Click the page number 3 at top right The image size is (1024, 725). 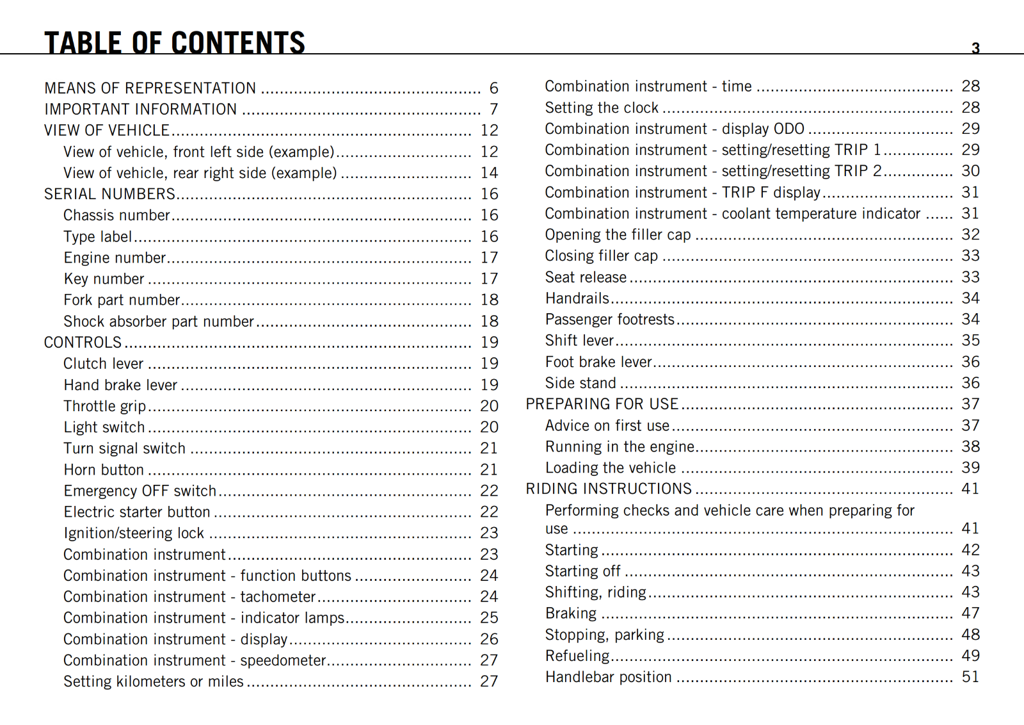click(x=975, y=48)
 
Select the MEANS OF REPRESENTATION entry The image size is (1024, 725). click(x=150, y=88)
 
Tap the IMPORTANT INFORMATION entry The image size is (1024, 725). click(x=140, y=110)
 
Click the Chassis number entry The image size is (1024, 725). click(x=116, y=215)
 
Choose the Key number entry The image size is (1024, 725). click(x=104, y=279)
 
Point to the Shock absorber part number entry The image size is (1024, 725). click(x=159, y=321)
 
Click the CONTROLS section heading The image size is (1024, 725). click(x=83, y=342)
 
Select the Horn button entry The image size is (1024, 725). click(x=104, y=469)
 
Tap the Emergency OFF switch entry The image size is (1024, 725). click(x=140, y=491)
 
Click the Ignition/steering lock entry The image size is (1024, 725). click(x=134, y=533)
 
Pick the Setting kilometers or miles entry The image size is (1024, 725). click(x=154, y=681)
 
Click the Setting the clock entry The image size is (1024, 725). click(x=602, y=108)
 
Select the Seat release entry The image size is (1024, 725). click(x=586, y=277)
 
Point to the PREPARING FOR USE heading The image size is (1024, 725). click(x=602, y=404)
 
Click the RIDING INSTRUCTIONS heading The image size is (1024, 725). click(x=609, y=489)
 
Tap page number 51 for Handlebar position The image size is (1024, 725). click(x=970, y=677)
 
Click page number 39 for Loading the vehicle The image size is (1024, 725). click(x=970, y=468)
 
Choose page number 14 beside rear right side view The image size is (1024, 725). click(x=490, y=173)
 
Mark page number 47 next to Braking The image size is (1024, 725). click(x=970, y=613)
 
